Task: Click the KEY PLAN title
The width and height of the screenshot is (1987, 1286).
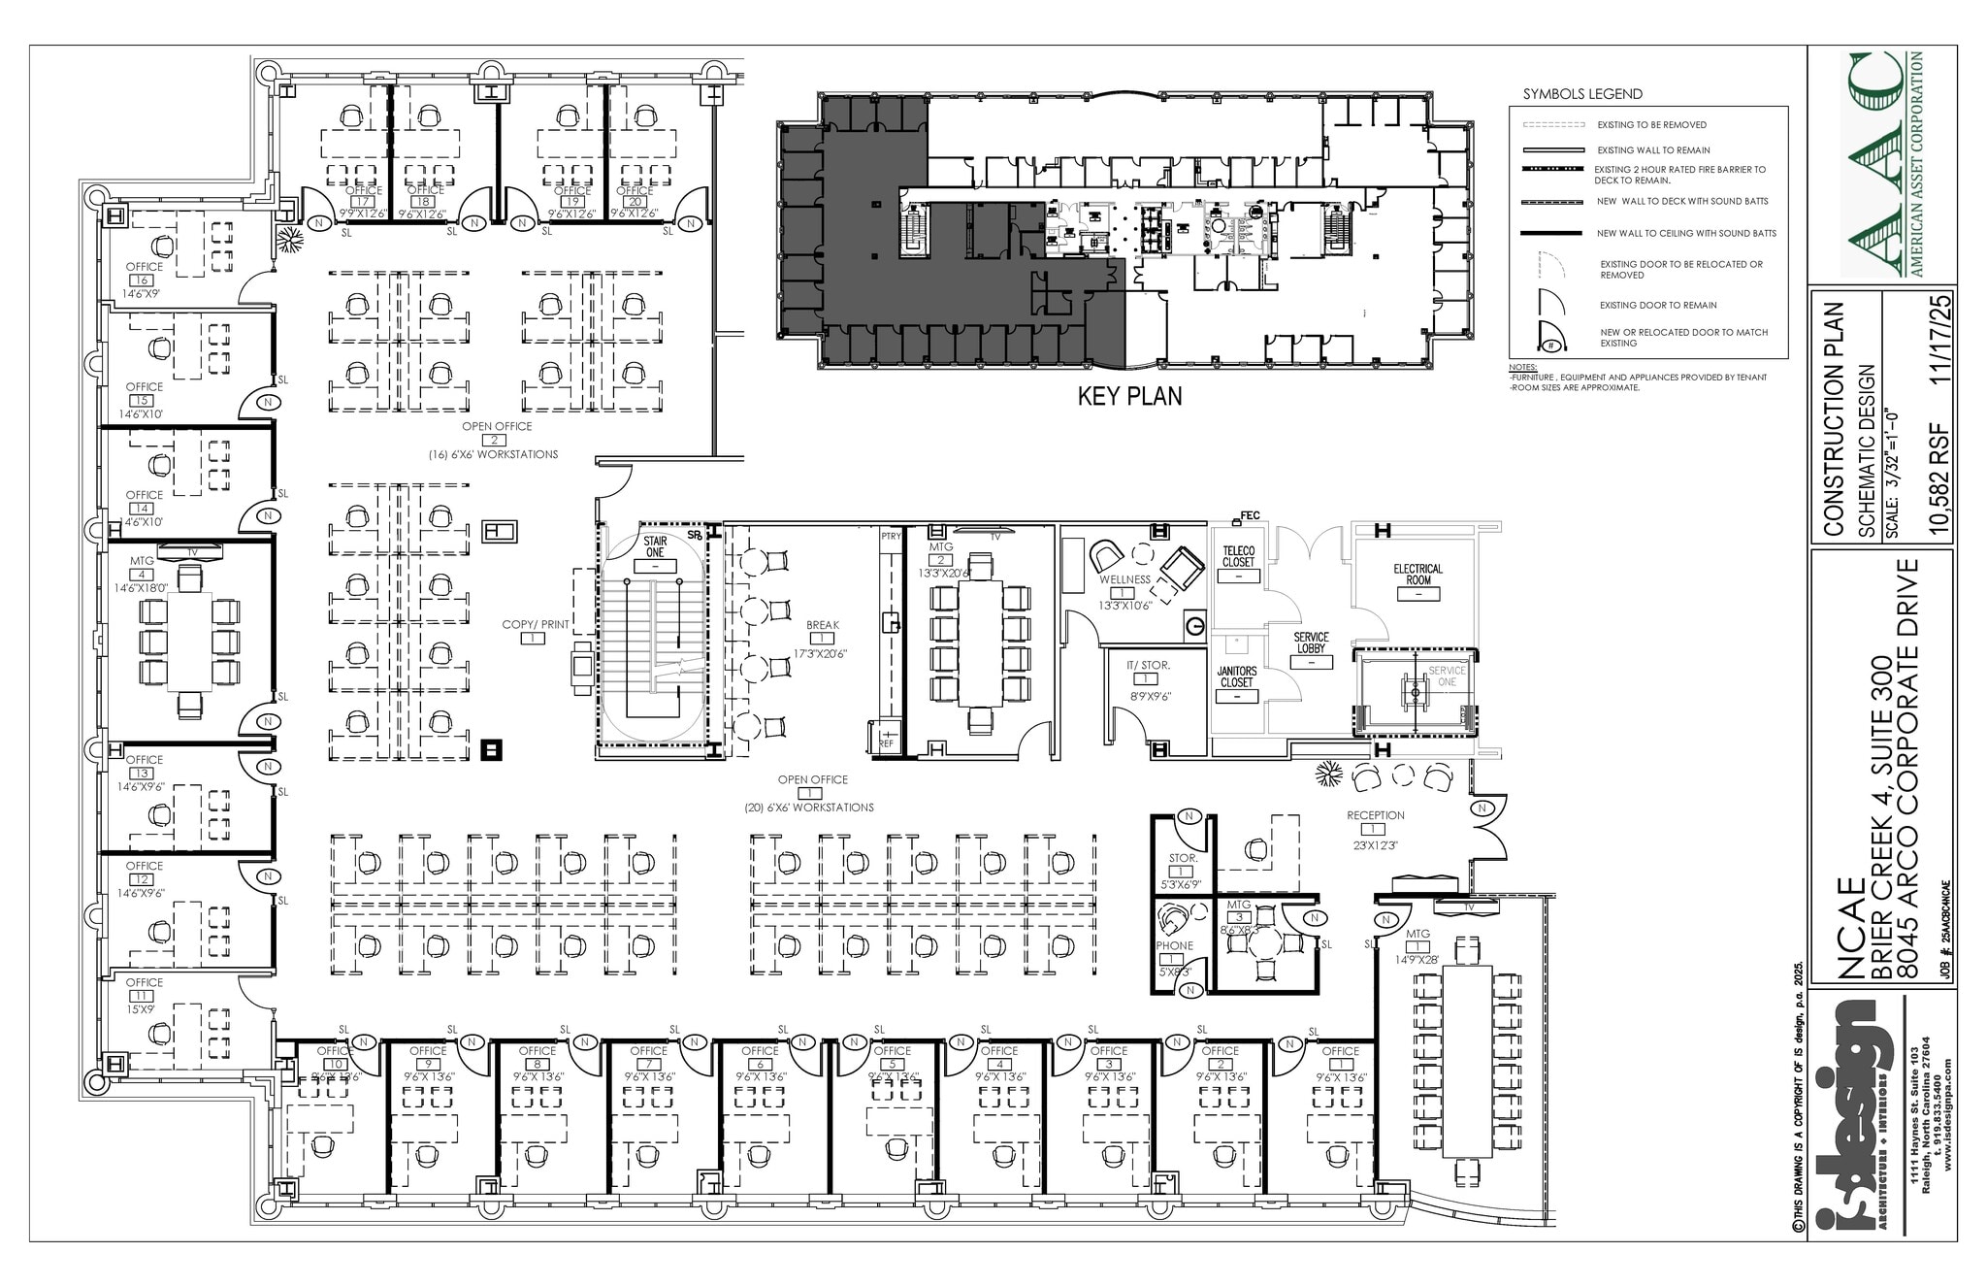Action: pos(1130,396)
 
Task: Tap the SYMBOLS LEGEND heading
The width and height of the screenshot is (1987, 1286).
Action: pos(1582,94)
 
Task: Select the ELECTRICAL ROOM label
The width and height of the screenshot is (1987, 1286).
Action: pos(1417,575)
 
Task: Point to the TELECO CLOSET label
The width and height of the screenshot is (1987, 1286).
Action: pos(1238,556)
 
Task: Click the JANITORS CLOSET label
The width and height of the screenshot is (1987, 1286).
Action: pos(1237,676)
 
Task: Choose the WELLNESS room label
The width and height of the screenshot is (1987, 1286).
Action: pos(1124,579)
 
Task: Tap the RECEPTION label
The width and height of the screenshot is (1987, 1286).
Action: pos(1375,815)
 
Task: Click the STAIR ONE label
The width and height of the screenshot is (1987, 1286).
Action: pos(655,546)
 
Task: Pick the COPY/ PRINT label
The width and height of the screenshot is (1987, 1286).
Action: pos(535,624)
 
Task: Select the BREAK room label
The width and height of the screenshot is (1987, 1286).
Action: pos(822,625)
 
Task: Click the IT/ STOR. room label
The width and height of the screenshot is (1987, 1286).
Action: pos(1148,665)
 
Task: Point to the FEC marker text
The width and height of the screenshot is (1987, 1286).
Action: pos(1250,515)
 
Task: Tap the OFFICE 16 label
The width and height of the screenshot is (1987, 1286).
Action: pos(145,267)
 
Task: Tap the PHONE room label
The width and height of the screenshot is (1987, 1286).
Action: pos(1174,945)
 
